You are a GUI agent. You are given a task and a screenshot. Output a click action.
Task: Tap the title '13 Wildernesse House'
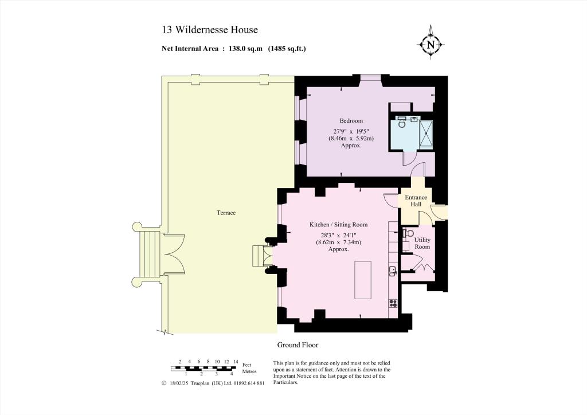pyautogui.click(x=209, y=30)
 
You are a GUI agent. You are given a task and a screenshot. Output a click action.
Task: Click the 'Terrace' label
pyautogui.click(x=226, y=213)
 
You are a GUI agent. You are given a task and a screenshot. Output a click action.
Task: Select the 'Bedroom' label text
pyautogui.click(x=351, y=121)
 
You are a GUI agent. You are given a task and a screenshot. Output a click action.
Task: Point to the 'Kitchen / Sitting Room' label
pyautogui.click(x=338, y=225)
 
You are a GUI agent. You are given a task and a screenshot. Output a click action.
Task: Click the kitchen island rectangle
pyautogui.click(x=363, y=279)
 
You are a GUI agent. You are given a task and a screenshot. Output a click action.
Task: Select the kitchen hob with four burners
pyautogui.click(x=393, y=303)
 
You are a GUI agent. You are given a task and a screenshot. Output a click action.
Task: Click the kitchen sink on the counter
pyautogui.click(x=393, y=270)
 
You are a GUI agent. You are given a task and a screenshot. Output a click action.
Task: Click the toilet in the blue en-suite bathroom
pyautogui.click(x=402, y=123)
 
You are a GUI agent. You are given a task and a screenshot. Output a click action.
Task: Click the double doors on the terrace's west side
pyautogui.click(x=173, y=255)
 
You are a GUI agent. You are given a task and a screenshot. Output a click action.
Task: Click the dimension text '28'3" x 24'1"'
pyautogui.click(x=338, y=234)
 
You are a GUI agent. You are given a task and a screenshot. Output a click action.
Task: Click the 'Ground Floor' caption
pyautogui.click(x=298, y=345)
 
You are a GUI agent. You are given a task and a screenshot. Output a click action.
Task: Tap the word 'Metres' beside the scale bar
pyautogui.click(x=249, y=372)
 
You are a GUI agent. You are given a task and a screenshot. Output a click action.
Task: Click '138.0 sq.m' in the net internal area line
pyautogui.click(x=244, y=49)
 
